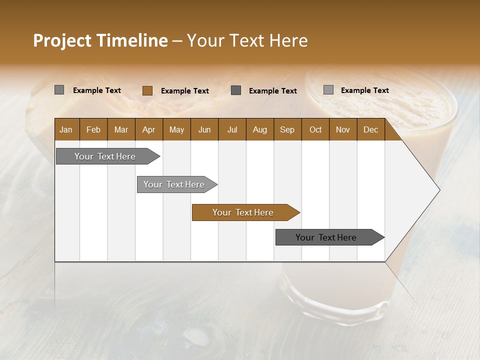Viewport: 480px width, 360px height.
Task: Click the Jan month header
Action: tap(66, 129)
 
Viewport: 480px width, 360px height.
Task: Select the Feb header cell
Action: tap(93, 129)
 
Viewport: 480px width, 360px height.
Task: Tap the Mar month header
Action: tap(121, 129)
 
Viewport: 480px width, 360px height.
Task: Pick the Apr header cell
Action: tap(149, 129)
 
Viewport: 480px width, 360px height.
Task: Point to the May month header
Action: tap(176, 129)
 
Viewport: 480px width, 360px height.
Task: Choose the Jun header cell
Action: tap(204, 129)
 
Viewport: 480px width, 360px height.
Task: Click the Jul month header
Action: tap(232, 129)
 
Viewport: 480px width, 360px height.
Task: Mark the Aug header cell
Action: tap(260, 129)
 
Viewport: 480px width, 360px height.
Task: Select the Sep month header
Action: tap(287, 129)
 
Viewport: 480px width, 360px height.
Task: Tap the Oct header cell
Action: tap(315, 129)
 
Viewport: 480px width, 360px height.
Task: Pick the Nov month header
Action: tap(343, 129)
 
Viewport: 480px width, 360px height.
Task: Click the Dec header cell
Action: tap(371, 129)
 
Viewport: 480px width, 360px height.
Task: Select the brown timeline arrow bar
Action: tap(243, 212)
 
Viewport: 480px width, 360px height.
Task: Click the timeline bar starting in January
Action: tap(105, 156)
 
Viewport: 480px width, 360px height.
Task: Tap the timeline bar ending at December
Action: tap(327, 237)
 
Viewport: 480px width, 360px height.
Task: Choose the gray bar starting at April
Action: tap(174, 184)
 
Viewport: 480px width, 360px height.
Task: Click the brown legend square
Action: tap(147, 90)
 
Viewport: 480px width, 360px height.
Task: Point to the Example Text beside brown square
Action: tap(185, 91)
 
